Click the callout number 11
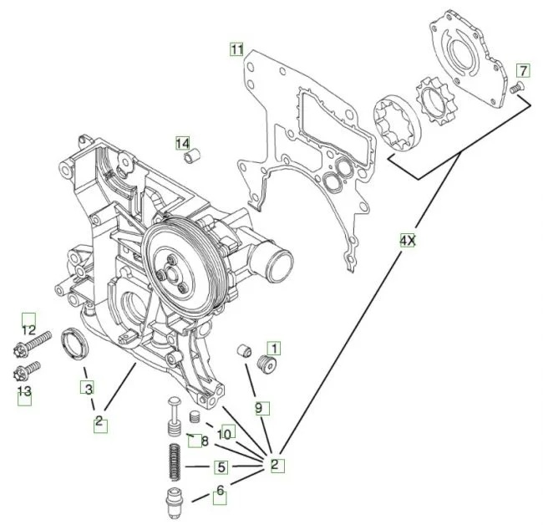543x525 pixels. pos(237,50)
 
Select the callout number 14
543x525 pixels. pos(182,143)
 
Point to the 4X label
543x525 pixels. pos(407,241)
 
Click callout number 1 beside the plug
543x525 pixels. pos(274,347)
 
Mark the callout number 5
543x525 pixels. pos(221,467)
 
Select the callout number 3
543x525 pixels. pos(88,388)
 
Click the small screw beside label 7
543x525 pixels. pos(515,86)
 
